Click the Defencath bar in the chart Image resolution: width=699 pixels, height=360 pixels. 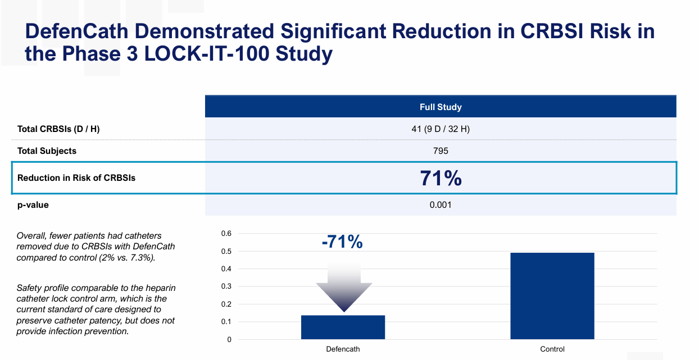pyautogui.click(x=343, y=327)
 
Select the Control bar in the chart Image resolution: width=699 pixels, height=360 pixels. pyautogui.click(x=552, y=296)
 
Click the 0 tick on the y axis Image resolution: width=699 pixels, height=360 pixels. pyautogui.click(x=229, y=340)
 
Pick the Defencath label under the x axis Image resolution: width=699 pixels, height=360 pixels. pyautogui.click(x=343, y=349)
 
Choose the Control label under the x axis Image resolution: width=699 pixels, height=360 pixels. pyautogui.click(x=552, y=349)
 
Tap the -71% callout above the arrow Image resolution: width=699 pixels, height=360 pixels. pyautogui.click(x=342, y=242)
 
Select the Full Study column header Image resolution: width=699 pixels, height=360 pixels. pyautogui.click(x=441, y=107)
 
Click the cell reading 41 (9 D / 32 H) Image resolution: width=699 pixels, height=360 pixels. pyautogui.click(x=441, y=129)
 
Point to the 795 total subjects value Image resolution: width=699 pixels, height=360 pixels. pyautogui.click(x=441, y=151)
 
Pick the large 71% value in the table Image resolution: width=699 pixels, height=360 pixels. pyautogui.click(x=441, y=178)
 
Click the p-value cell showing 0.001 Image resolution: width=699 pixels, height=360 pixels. pyautogui.click(x=441, y=205)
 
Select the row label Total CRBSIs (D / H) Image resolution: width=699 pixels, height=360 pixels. pyautogui.click(x=58, y=129)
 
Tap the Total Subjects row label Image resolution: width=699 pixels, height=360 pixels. pyautogui.click(x=47, y=151)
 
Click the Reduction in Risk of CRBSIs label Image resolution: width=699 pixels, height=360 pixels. pyautogui.click(x=76, y=178)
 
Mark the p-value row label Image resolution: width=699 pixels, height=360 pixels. pyautogui.click(x=33, y=205)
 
